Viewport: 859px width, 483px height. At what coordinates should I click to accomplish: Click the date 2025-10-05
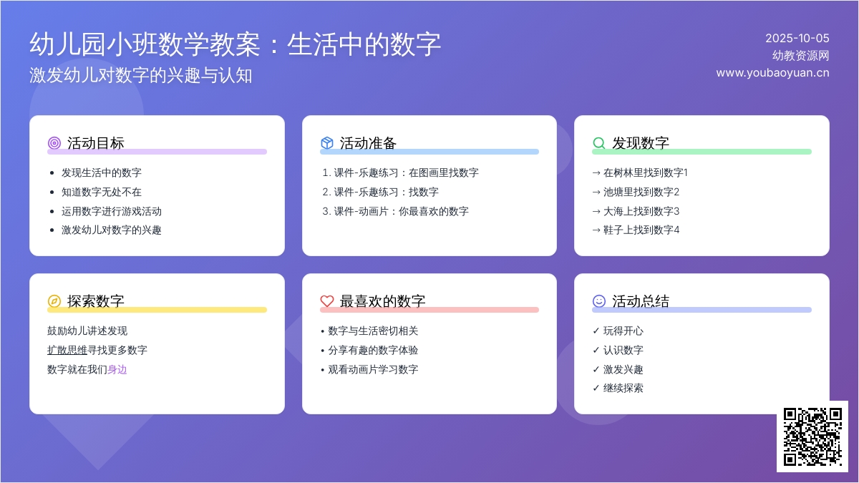coord(797,39)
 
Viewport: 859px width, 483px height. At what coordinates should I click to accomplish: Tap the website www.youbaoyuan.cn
coord(772,73)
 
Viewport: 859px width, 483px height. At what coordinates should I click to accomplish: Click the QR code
coord(812,436)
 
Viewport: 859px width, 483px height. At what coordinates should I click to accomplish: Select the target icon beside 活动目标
coord(54,143)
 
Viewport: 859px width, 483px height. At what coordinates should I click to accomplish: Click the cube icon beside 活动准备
coord(326,143)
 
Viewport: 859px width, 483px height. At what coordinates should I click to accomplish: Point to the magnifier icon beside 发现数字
coord(599,143)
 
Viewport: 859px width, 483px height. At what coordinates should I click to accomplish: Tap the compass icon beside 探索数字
coord(54,301)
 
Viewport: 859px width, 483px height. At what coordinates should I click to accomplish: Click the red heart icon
coord(326,301)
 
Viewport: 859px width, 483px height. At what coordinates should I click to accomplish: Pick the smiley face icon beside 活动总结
coord(599,301)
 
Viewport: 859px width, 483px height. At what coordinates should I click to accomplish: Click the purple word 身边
coord(117,369)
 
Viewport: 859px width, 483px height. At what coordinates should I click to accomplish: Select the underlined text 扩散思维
coord(67,350)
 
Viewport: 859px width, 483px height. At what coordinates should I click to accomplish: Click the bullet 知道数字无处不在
coord(101,192)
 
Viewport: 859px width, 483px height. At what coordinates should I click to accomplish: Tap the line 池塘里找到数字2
coord(641,192)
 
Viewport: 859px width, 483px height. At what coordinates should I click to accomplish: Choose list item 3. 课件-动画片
coord(395,211)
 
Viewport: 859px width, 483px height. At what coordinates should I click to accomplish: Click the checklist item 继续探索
coord(623,389)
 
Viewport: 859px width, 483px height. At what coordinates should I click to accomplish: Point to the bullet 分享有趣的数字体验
coord(373,350)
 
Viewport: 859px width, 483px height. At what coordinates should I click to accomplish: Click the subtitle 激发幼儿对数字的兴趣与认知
coord(141,75)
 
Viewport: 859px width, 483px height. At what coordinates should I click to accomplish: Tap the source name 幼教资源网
coord(801,56)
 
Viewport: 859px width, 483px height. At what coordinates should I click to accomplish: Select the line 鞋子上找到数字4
coord(641,230)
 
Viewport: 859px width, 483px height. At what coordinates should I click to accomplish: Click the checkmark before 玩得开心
coord(596,331)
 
